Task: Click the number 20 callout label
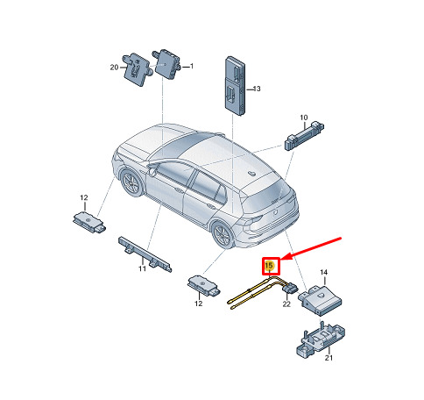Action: pos(114,68)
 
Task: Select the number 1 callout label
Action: pos(192,67)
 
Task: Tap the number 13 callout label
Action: pos(257,89)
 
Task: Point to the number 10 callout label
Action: pos(304,118)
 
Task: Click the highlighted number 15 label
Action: pos(269,266)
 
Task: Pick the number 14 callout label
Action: pos(323,272)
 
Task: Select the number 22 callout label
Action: pos(286,304)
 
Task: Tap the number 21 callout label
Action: pos(329,358)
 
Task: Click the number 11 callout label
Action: pos(142,268)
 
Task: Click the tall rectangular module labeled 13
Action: pos(235,86)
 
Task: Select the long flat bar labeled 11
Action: pos(145,254)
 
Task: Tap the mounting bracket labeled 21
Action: pos(321,339)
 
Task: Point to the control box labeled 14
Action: pos(320,299)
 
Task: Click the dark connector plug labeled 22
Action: pos(290,288)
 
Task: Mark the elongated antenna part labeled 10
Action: pos(304,135)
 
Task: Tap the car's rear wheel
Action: pos(223,234)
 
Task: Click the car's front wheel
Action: pos(131,182)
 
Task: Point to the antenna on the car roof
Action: pos(251,174)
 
